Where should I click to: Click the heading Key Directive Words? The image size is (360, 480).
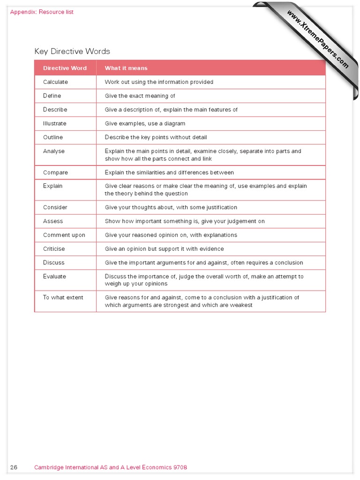click(72, 52)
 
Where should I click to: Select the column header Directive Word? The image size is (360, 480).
click(65, 68)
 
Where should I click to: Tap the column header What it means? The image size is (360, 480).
click(126, 68)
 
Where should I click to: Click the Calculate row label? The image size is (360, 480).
click(55, 82)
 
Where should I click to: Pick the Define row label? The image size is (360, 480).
click(52, 96)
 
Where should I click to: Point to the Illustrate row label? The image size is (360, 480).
click(55, 124)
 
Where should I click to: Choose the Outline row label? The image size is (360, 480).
click(53, 137)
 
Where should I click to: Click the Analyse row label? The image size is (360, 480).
click(54, 151)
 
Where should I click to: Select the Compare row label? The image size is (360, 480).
click(55, 172)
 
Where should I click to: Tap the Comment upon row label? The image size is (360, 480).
click(64, 235)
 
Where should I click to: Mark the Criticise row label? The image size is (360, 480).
click(54, 249)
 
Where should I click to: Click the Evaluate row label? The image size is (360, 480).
click(55, 277)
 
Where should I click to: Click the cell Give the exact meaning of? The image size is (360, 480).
click(140, 96)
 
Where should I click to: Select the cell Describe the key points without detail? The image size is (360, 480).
click(156, 137)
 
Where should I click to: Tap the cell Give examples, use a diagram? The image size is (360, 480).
click(145, 124)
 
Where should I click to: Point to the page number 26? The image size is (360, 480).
click(14, 467)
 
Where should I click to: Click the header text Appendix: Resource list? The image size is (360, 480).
click(42, 12)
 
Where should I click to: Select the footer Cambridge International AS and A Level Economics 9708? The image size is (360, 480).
click(111, 467)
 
